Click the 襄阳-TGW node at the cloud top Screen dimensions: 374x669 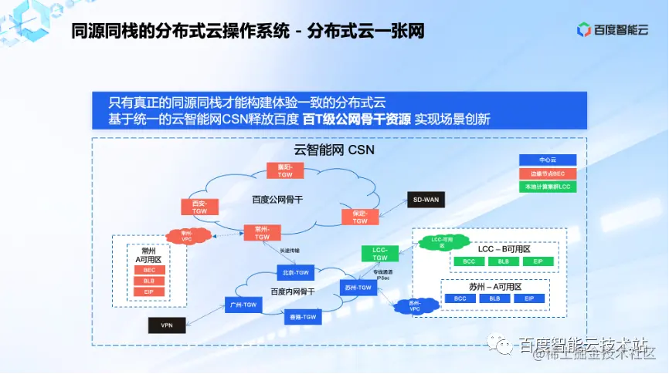[x=285, y=170]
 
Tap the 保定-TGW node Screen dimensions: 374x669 [x=360, y=217]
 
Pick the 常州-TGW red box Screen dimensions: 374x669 [x=263, y=233]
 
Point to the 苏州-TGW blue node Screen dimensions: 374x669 [x=358, y=288]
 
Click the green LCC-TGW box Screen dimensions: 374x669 [x=380, y=254]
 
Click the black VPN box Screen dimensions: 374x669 [x=167, y=325]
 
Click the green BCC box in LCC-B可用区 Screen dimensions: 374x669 [x=469, y=261]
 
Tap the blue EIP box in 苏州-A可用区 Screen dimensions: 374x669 [x=529, y=298]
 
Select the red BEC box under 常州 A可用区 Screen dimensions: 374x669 [x=149, y=270]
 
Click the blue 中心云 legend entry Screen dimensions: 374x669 [x=548, y=160]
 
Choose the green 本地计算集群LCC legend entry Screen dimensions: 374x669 [x=548, y=186]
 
